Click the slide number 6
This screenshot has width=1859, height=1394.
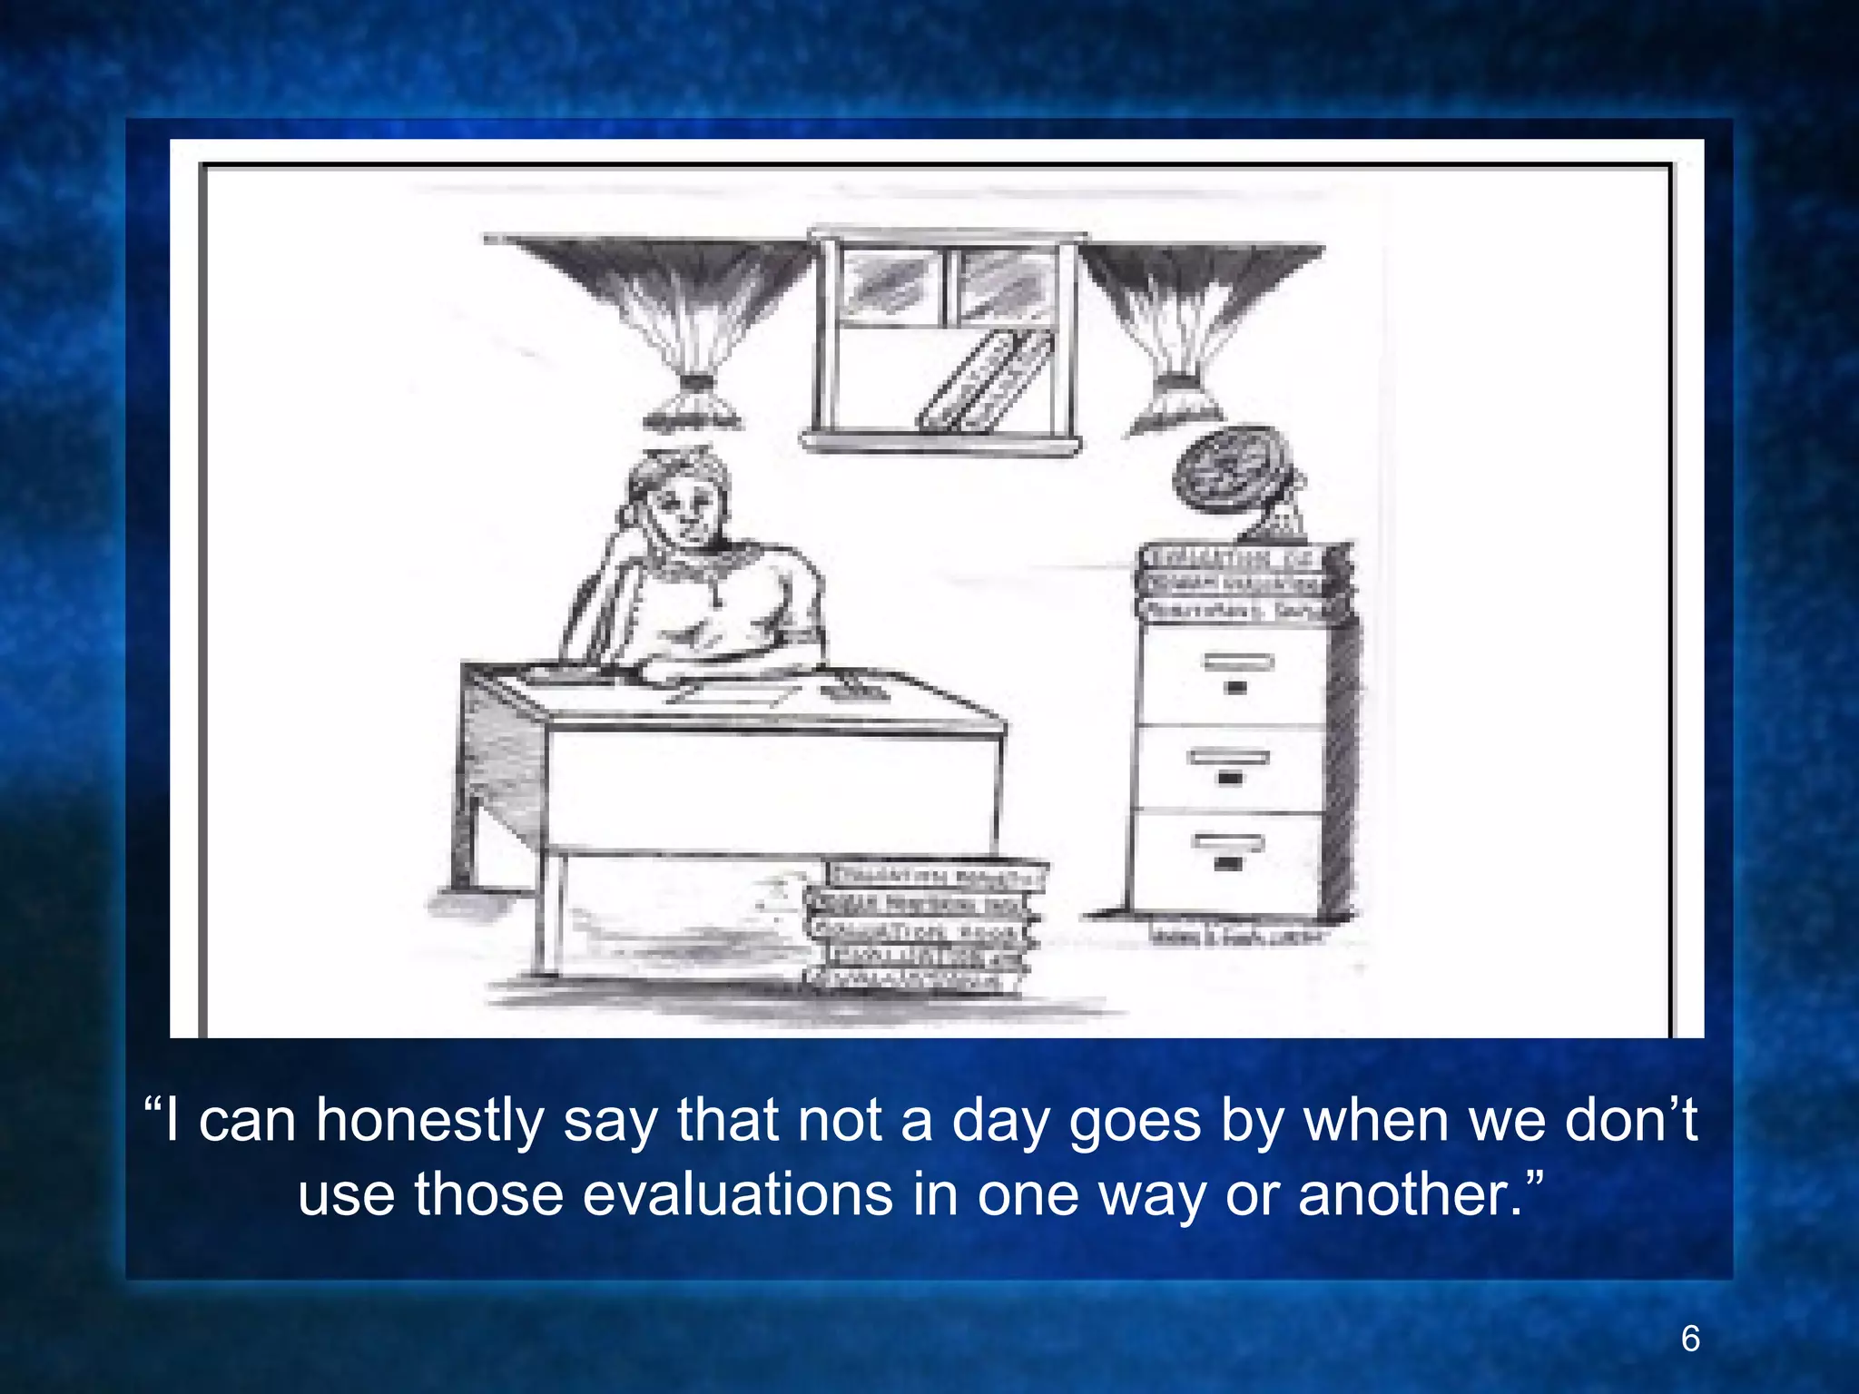(1690, 1339)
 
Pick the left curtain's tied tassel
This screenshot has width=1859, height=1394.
(691, 404)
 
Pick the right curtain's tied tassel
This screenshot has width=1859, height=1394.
(1178, 399)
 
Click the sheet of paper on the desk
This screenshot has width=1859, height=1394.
(732, 694)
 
